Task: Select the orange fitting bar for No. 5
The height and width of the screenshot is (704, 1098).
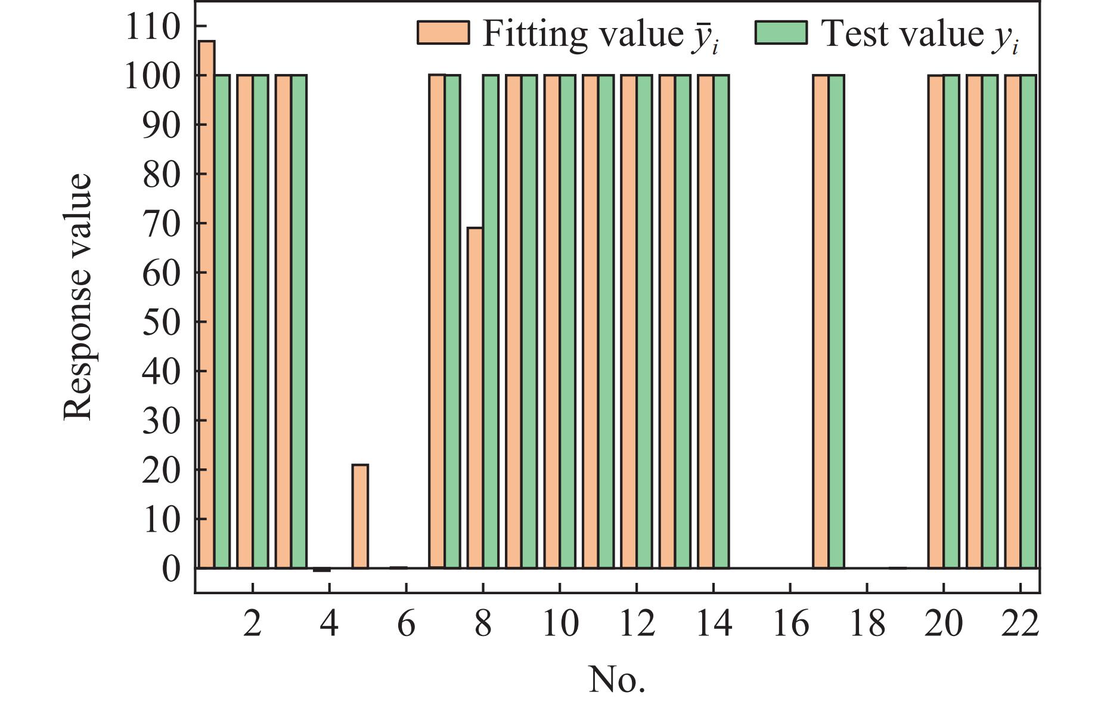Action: pyautogui.click(x=360, y=516)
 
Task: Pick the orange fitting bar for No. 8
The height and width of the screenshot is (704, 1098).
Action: pyautogui.click(x=475, y=397)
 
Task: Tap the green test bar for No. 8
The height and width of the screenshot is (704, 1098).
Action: pyautogui.click(x=491, y=322)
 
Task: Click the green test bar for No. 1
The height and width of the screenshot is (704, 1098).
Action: pyautogui.click(x=222, y=322)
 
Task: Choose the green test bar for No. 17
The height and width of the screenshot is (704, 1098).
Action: pyautogui.click(x=836, y=322)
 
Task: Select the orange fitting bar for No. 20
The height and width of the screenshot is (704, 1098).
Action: pyautogui.click(x=936, y=322)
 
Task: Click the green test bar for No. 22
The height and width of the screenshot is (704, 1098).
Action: pyautogui.click(x=1028, y=322)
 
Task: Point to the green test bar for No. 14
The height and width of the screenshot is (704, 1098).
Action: pyautogui.click(x=721, y=322)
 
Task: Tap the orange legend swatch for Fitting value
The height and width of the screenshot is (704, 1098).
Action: pyautogui.click(x=443, y=33)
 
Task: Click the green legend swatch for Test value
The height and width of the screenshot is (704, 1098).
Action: pyautogui.click(x=781, y=33)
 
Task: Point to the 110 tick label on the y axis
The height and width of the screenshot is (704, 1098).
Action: pyautogui.click(x=152, y=27)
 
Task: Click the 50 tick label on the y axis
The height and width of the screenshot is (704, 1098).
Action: pyautogui.click(x=160, y=322)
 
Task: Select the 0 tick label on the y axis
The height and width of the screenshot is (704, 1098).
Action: pyautogui.click(x=170, y=569)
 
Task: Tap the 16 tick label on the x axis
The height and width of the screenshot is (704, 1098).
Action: pyautogui.click(x=790, y=624)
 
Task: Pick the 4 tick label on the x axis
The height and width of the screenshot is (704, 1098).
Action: pyautogui.click(x=330, y=624)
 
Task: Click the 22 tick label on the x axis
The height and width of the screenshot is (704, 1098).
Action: pyautogui.click(x=1021, y=624)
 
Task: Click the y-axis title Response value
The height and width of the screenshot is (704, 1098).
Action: pyautogui.click(x=78, y=297)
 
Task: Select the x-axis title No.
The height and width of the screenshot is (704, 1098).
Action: pyautogui.click(x=617, y=680)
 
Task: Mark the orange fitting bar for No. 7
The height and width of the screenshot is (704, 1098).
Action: pyautogui.click(x=437, y=322)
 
